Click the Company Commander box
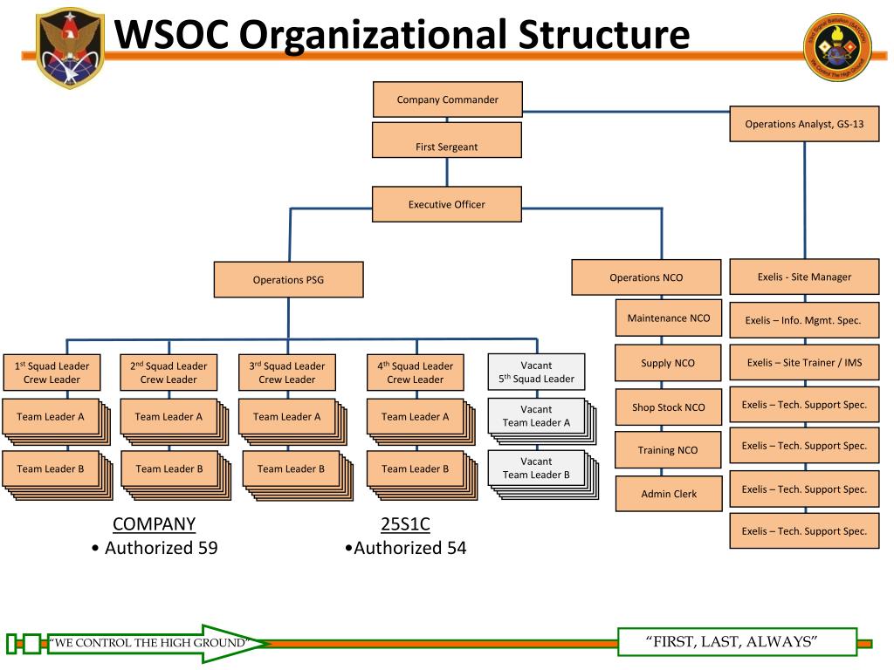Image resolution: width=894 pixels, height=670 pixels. [x=448, y=99]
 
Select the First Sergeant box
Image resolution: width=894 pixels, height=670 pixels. [x=447, y=140]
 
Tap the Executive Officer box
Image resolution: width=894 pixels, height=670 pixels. [x=447, y=204]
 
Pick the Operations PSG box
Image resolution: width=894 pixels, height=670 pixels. [x=288, y=280]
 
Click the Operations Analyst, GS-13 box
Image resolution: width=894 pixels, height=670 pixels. [x=804, y=124]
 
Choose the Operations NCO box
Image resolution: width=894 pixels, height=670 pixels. [x=646, y=277]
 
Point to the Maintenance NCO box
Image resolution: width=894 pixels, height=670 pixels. [x=669, y=318]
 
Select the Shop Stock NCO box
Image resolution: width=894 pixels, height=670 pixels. [x=668, y=407]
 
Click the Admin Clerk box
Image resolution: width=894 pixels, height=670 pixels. [x=669, y=494]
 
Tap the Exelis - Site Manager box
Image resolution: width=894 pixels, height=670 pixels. [x=804, y=277]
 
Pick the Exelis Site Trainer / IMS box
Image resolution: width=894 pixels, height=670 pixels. [x=804, y=362]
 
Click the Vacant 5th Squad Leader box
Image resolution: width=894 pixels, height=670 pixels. [x=537, y=372]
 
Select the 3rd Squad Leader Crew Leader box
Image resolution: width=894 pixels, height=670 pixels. [x=286, y=373]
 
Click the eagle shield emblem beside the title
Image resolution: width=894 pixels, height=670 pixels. [x=70, y=48]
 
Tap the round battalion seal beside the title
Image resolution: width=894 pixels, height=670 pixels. [x=837, y=47]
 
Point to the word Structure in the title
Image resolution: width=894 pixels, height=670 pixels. [x=604, y=34]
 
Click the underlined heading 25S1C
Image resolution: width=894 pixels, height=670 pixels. [x=405, y=523]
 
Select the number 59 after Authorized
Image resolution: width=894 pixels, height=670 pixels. [x=208, y=548]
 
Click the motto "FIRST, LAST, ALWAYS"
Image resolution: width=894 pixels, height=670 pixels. [x=732, y=641]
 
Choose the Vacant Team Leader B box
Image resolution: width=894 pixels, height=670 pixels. [x=537, y=468]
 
